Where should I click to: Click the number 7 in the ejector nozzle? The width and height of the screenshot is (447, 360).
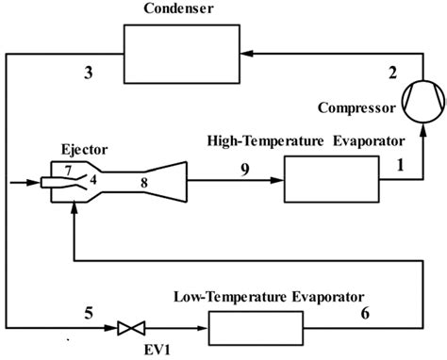click(68, 170)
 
